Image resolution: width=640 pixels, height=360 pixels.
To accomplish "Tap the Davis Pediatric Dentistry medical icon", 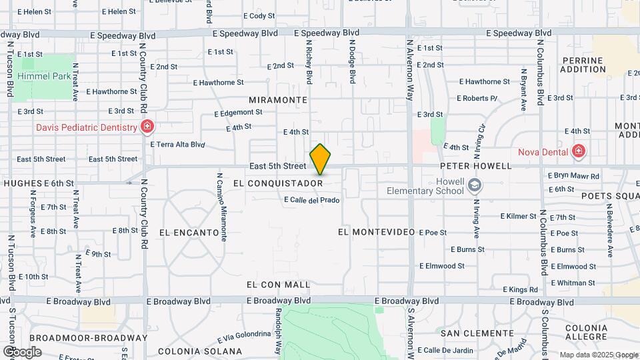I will (147, 127).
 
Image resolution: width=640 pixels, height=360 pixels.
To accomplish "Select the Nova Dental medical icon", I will (578, 151).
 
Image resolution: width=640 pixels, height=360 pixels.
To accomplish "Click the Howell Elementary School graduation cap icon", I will (474, 185).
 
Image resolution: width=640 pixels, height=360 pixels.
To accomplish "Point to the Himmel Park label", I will (44, 77).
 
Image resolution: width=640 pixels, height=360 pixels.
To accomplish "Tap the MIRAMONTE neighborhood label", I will (278, 99).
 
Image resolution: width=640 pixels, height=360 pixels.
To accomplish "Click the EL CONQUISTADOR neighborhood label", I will (279, 183).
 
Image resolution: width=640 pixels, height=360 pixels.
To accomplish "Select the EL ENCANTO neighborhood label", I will (189, 233).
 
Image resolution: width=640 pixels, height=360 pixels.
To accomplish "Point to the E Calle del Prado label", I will (311, 200).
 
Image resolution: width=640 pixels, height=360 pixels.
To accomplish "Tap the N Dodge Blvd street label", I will (353, 61).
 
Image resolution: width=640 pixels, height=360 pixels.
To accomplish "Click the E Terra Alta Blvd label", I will (177, 144).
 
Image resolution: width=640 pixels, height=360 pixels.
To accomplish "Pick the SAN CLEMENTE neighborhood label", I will (477, 333).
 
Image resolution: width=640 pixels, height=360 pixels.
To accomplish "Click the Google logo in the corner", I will (22, 351).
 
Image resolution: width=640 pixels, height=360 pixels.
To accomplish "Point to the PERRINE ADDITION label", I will (582, 65).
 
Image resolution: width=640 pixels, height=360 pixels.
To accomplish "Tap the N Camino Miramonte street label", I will (224, 207).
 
